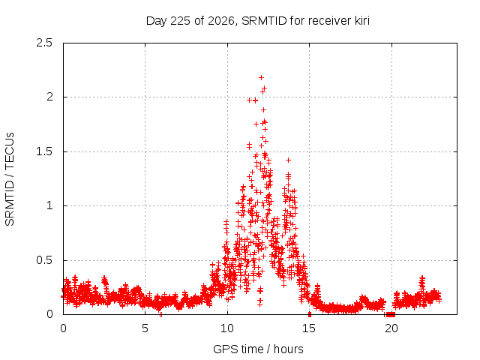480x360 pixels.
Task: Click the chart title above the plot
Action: [258, 21]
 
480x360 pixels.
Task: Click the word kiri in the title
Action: [362, 20]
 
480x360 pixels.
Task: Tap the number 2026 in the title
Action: [221, 21]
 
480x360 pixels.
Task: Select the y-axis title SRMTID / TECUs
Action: [10, 179]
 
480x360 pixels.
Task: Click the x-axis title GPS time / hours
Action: [258, 349]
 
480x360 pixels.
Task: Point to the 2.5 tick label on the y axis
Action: [44, 43]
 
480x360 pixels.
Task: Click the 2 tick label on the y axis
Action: [49, 97]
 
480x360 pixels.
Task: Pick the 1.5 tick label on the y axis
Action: [44, 151]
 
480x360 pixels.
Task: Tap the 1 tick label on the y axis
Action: [50, 205]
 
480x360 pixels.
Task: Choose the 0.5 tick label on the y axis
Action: [44, 260]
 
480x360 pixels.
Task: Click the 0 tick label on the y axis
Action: [49, 314]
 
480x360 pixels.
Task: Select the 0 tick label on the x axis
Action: [63, 328]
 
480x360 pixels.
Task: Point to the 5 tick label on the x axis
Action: [145, 328]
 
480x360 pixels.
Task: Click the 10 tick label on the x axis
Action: [227, 328]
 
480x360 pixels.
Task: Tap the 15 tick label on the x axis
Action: [309, 328]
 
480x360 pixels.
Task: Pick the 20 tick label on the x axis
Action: [391, 328]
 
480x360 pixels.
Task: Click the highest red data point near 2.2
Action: [261, 78]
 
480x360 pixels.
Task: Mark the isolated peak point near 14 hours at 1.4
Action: [288, 160]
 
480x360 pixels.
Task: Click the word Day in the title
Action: [157, 21]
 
